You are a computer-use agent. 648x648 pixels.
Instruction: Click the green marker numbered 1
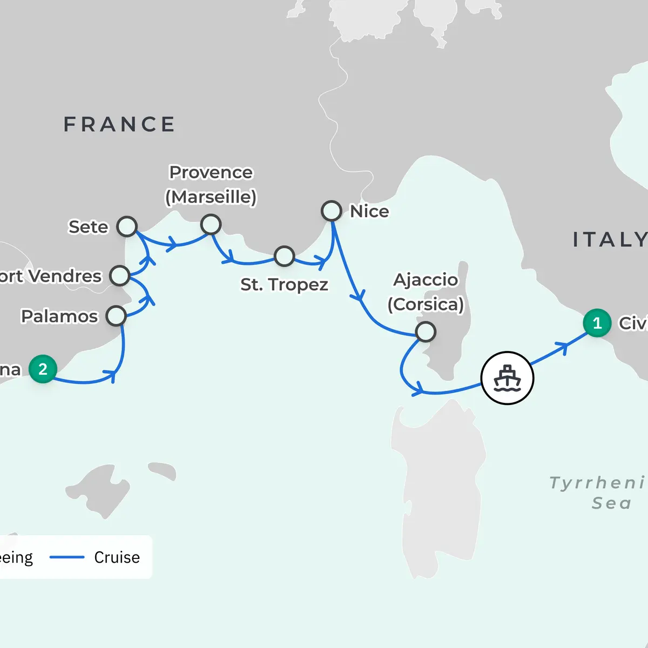[597, 323]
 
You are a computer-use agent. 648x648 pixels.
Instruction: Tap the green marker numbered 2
[43, 369]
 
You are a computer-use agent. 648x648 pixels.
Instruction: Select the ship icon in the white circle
[507, 377]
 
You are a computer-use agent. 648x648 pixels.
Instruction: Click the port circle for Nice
[332, 211]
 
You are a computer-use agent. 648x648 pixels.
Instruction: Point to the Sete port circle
[127, 226]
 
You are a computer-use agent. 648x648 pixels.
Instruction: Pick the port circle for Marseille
[211, 224]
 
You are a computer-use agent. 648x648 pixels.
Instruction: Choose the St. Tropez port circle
[284, 256]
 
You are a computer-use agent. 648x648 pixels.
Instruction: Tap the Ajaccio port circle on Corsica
[426, 332]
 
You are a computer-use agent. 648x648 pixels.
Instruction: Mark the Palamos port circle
[116, 315]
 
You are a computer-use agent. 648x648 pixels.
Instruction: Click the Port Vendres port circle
[119, 275]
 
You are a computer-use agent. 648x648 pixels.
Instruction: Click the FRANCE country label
[119, 124]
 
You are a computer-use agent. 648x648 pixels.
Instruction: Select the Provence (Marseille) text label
[211, 185]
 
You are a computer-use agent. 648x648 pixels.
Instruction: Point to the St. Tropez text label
[284, 284]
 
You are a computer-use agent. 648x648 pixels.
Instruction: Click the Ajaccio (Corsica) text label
[426, 292]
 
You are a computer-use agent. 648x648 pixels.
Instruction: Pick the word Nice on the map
[369, 211]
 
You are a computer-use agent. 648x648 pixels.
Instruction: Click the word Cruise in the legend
[117, 557]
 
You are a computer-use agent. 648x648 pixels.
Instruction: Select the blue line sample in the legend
[67, 557]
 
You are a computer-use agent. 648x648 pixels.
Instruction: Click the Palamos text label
[59, 316]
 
